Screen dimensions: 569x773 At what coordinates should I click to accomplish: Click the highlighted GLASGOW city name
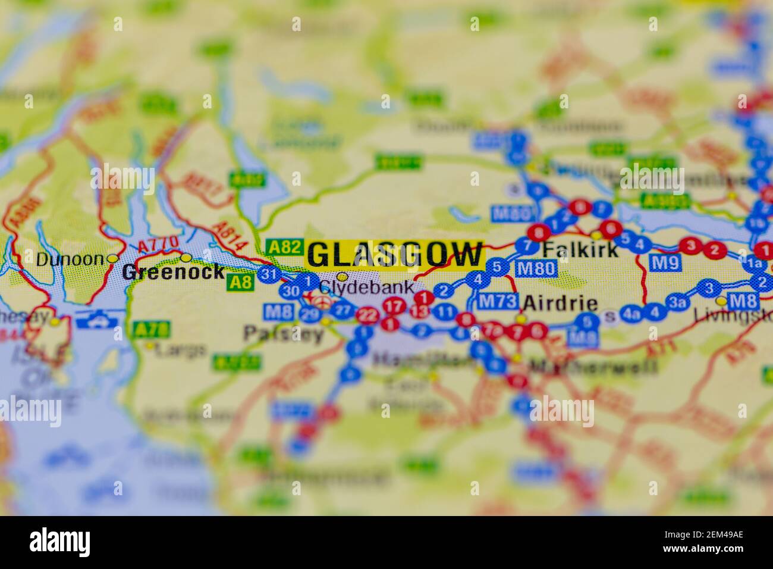point(395,255)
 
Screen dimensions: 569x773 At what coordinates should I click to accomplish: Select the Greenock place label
point(173,273)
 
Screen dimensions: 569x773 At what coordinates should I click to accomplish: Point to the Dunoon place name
point(70,260)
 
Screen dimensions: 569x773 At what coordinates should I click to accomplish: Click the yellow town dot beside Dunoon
point(113,258)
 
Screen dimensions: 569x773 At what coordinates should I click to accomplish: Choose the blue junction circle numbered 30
point(291,291)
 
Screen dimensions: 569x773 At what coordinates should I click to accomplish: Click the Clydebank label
point(366,287)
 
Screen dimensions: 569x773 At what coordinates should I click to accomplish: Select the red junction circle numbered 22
point(369,315)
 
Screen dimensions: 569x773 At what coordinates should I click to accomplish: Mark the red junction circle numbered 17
point(392,307)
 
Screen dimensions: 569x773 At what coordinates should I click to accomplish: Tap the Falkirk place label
point(580,248)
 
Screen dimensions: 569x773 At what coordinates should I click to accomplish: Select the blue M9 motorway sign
point(665,261)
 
